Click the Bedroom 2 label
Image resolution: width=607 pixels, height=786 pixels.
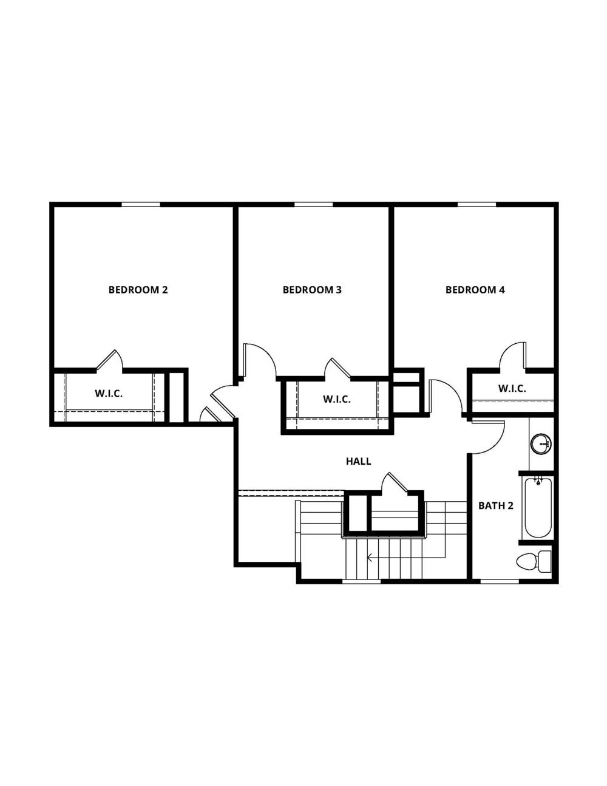(x=138, y=290)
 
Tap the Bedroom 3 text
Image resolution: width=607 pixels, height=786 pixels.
(x=312, y=290)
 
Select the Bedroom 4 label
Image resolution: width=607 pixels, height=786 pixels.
(x=475, y=290)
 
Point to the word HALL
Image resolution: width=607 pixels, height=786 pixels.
(x=358, y=462)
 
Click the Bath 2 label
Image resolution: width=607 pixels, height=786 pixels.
(x=496, y=505)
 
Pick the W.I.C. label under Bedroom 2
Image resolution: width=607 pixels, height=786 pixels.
(x=109, y=394)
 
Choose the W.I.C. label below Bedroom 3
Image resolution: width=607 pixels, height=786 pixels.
(x=337, y=399)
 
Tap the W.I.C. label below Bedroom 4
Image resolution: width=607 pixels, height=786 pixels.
(x=512, y=389)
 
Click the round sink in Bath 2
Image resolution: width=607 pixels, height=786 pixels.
(x=540, y=444)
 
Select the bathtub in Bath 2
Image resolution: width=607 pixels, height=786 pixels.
(x=538, y=507)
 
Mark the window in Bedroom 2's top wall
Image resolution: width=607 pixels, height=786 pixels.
(x=141, y=204)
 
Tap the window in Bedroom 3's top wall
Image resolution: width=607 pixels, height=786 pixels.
(x=313, y=204)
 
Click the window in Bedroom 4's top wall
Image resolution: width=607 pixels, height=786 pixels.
(x=476, y=204)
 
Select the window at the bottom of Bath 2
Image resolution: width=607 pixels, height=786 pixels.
(x=500, y=581)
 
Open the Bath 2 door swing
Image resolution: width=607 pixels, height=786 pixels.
(x=489, y=437)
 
